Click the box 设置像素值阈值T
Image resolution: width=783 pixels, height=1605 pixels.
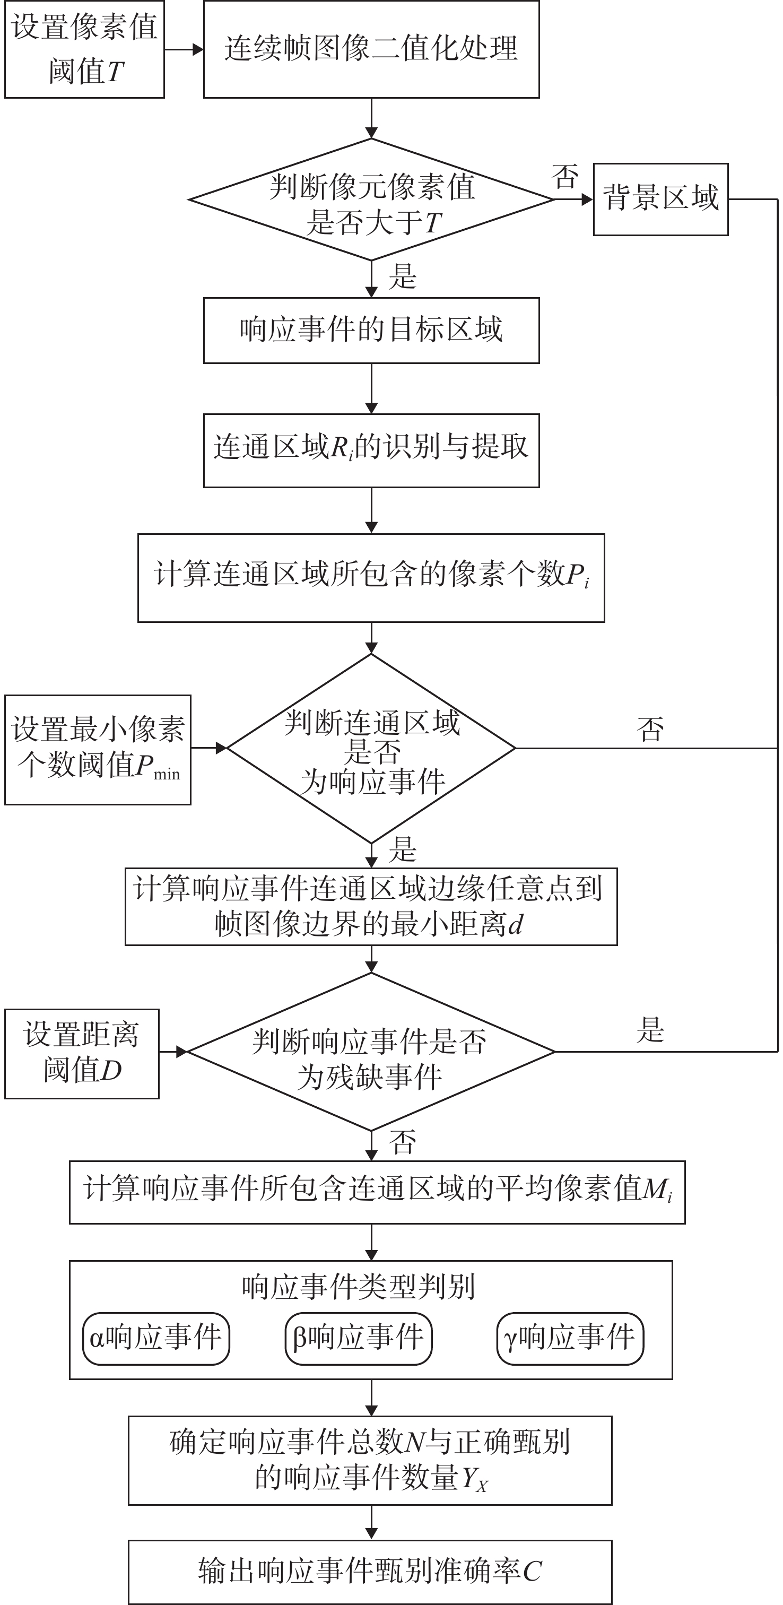pos(85,49)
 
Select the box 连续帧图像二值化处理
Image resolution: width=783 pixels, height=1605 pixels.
pos(371,49)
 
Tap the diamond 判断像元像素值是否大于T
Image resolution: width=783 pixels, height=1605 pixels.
pos(371,200)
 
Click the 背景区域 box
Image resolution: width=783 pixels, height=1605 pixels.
pos(660,199)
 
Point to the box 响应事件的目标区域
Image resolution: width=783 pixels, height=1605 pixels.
pos(371,330)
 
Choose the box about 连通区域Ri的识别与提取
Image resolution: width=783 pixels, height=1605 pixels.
pos(371,450)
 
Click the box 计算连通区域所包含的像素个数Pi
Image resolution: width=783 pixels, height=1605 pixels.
pos(371,578)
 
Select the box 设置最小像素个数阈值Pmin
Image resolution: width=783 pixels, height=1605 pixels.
pos(98,750)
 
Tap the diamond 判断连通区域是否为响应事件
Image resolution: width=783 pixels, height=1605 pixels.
pos(371,748)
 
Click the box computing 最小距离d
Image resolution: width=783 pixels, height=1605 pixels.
pos(371,907)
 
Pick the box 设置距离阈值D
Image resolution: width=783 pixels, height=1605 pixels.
pos(82,1054)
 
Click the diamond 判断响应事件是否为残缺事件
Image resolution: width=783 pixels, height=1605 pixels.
pos(371,1052)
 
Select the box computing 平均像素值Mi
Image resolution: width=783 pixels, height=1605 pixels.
pos(377,1192)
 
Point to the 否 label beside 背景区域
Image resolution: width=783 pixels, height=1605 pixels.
pos(564,177)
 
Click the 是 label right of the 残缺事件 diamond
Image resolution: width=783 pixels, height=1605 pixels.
pos(650,1030)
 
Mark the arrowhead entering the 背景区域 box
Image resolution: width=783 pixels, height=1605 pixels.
pos(587,200)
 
